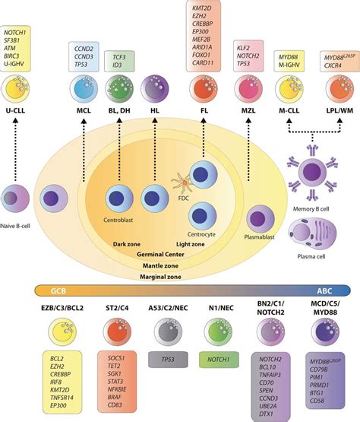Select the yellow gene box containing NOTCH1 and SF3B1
pyautogui.click(x=24, y=48)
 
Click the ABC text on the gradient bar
pyautogui.click(x=333, y=290)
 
